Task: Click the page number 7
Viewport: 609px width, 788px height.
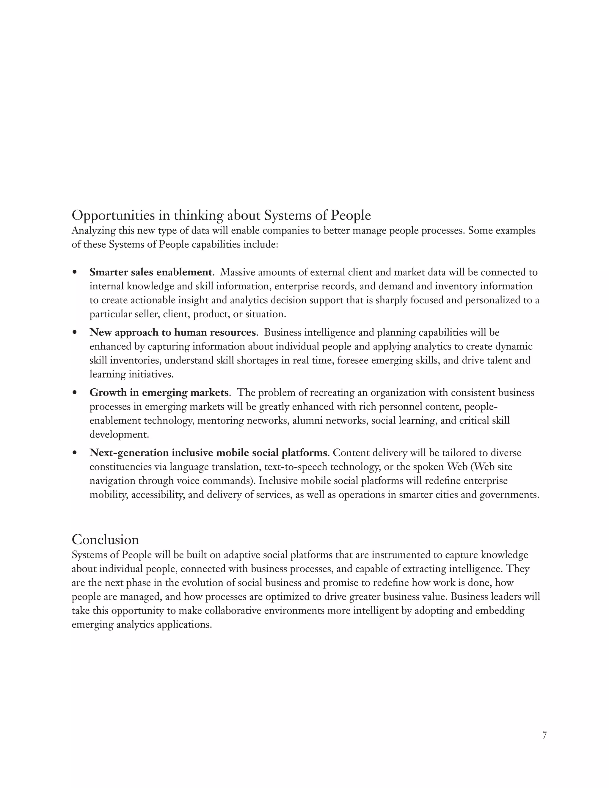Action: click(544, 735)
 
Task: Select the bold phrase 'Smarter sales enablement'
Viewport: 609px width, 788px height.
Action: click(150, 272)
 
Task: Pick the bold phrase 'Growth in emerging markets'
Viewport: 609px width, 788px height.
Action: click(159, 393)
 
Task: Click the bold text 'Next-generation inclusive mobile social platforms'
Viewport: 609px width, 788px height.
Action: click(208, 453)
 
